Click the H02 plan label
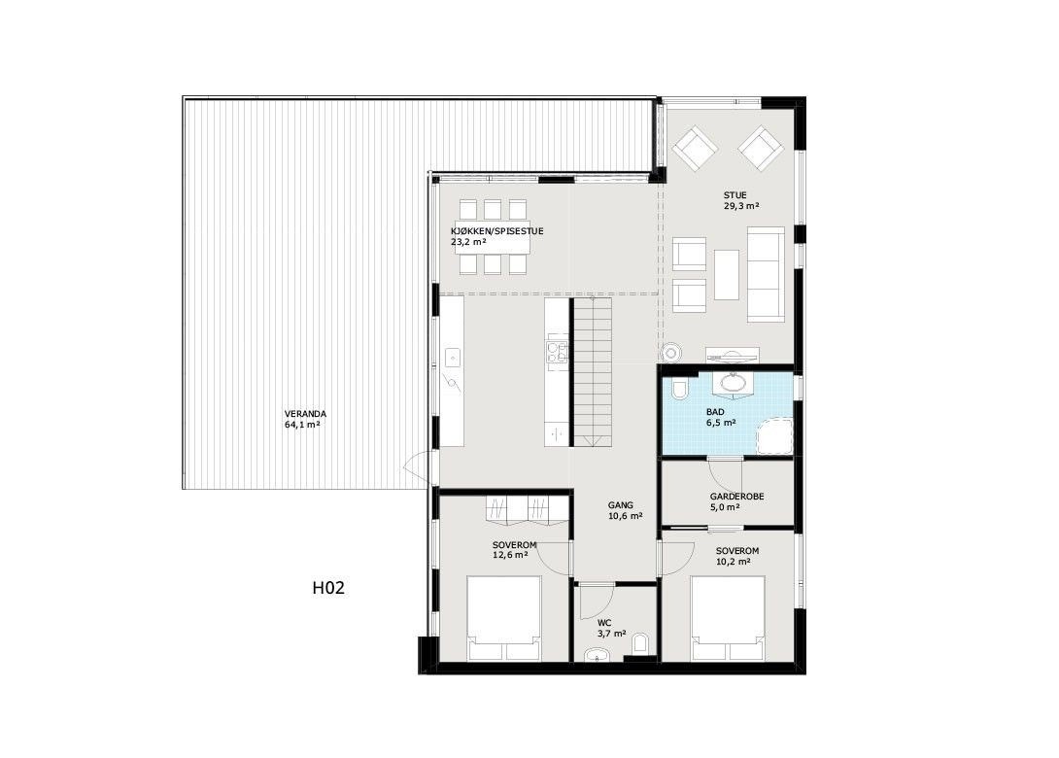tap(329, 588)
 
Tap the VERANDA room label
tap(305, 414)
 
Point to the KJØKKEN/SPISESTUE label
tap(496, 230)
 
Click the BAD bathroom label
tap(716, 411)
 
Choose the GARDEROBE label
tap(736, 496)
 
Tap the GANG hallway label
tap(620, 505)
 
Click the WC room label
tap(604, 622)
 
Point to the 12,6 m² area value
tap(510, 555)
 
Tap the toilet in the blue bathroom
tap(679, 391)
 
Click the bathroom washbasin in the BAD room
tap(731, 385)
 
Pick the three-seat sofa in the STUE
tap(766, 274)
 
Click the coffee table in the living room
tap(726, 274)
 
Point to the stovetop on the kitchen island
tap(557, 349)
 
